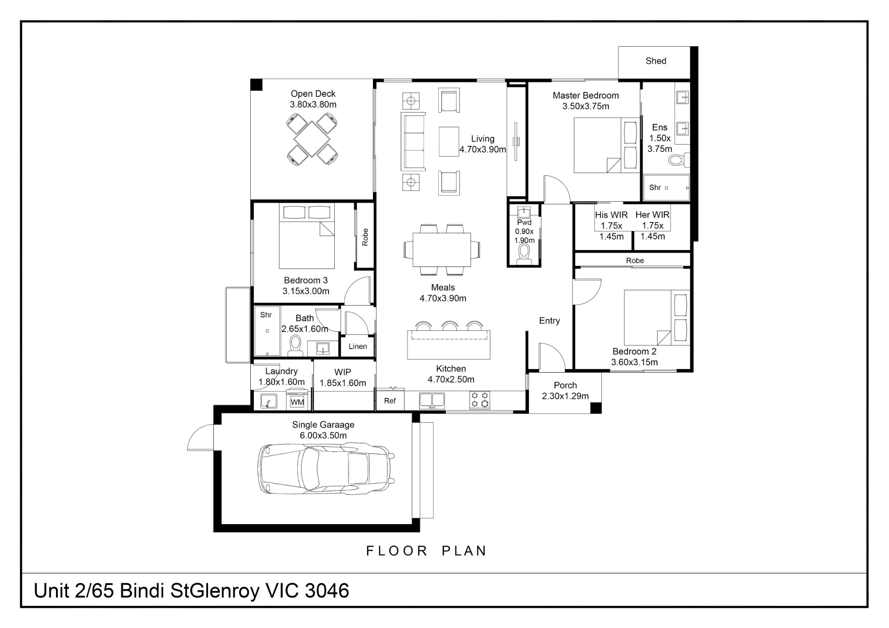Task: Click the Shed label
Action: pos(656,61)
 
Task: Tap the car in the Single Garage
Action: pos(326,469)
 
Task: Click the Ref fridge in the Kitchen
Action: pos(390,401)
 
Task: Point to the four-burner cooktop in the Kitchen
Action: pos(480,400)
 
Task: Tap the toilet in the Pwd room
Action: pos(525,255)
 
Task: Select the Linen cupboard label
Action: pos(358,346)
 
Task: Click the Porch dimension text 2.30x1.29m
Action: pos(565,396)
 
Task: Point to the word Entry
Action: pos(549,321)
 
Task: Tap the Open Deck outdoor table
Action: pos(312,139)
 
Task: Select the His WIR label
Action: pos(611,215)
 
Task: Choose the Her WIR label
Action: pos(653,215)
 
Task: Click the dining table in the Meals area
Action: pos(442,250)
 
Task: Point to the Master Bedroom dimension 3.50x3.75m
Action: pos(586,106)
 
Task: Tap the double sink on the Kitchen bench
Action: pos(432,401)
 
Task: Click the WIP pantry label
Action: pos(343,372)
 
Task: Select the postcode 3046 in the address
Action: pos(327,591)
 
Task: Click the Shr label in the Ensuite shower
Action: pos(655,187)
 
